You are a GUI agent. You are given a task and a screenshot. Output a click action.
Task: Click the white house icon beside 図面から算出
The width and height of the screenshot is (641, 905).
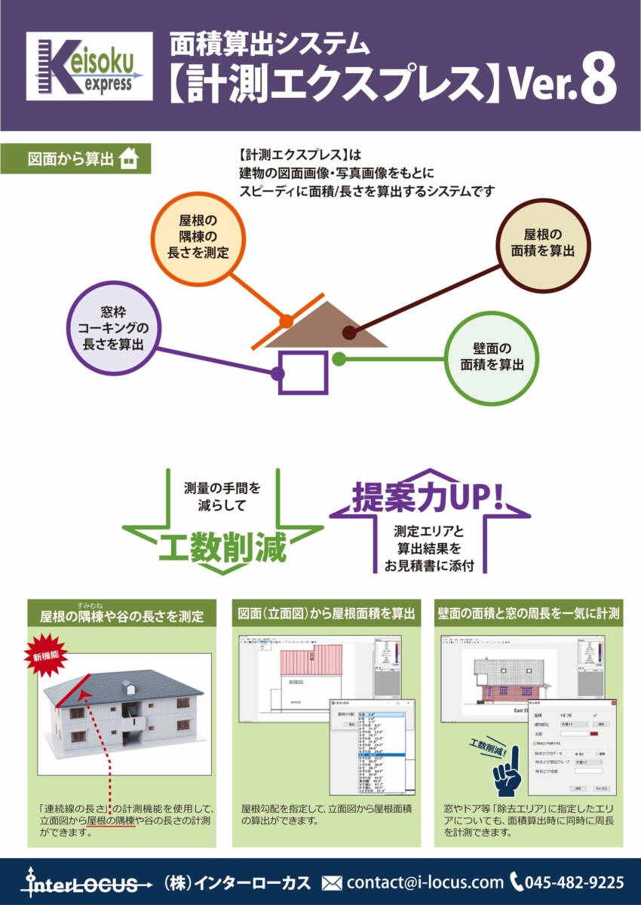(130, 159)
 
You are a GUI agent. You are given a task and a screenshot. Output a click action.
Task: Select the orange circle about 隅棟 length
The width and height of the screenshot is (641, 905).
(198, 235)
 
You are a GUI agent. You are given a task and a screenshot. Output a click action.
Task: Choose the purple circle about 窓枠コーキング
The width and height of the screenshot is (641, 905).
(114, 328)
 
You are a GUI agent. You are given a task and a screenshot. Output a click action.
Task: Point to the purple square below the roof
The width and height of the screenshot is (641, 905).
(303, 372)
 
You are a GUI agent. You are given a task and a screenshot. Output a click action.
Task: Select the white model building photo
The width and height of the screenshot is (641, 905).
(124, 709)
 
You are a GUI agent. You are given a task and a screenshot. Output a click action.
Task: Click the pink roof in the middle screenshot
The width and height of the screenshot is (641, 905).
(311, 660)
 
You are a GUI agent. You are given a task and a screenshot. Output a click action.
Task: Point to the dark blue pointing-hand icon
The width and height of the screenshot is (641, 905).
(508, 768)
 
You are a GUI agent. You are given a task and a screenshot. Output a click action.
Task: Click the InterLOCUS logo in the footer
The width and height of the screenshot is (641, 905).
(80, 883)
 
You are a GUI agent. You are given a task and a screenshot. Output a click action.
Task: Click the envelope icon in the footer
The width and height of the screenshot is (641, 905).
(332, 882)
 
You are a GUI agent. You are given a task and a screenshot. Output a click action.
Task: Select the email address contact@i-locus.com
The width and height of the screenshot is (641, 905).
(425, 882)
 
